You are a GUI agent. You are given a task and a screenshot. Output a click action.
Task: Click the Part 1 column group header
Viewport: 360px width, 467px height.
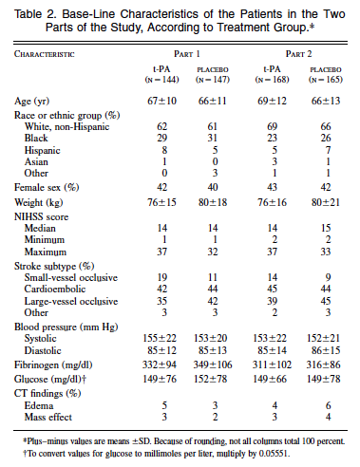point(187,54)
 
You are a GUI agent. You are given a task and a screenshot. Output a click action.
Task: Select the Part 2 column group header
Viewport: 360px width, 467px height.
point(298,54)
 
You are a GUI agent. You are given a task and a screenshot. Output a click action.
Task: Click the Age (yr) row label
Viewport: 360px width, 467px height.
point(31,102)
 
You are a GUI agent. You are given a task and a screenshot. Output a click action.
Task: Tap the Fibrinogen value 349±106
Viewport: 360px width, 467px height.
point(213,364)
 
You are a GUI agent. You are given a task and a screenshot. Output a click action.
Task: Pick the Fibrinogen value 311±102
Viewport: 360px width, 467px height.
point(272,364)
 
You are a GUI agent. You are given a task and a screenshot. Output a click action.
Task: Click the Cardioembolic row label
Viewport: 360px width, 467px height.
point(55,289)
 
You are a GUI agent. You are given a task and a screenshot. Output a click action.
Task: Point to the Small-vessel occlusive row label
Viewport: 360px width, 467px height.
point(71,277)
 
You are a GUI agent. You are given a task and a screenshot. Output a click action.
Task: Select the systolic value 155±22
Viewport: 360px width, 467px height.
point(160,338)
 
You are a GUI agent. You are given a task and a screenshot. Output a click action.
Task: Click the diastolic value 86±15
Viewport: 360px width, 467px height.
point(326,350)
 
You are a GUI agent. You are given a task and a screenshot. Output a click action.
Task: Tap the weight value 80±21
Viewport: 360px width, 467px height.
point(326,202)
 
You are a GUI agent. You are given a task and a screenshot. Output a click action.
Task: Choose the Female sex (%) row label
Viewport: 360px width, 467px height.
point(47,187)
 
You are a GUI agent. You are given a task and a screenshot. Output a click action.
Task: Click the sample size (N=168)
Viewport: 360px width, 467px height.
point(272,80)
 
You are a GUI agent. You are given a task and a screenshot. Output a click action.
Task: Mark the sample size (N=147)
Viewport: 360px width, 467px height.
point(213,80)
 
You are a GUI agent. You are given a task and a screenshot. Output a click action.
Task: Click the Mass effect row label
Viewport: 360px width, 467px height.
point(48,417)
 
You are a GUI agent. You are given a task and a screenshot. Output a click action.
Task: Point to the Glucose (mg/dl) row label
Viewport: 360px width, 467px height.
point(50,379)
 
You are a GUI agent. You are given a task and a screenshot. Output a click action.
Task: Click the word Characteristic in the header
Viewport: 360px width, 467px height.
point(45,54)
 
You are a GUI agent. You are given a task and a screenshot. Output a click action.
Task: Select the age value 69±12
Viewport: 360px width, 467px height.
point(272,101)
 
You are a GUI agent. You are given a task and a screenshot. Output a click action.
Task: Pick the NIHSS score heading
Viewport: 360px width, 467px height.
point(41,217)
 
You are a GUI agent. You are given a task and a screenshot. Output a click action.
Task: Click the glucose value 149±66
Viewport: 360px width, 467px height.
point(270,379)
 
